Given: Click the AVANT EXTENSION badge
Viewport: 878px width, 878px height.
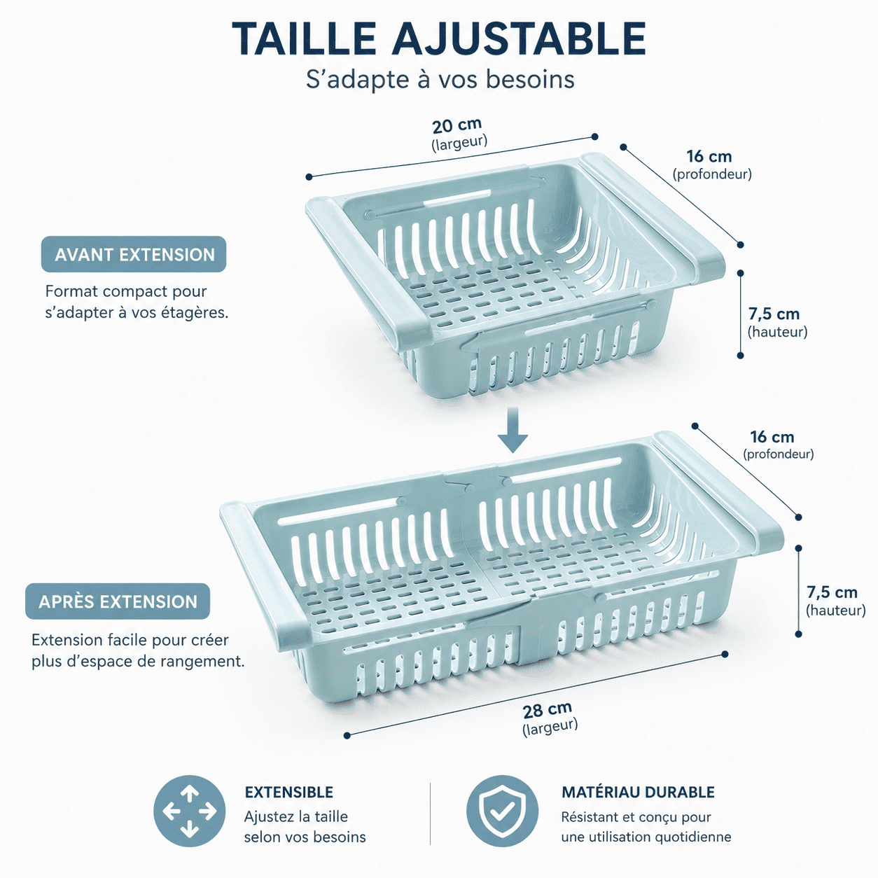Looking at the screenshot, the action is (134, 254).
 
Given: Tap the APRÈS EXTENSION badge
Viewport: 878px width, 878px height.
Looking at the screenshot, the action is (118, 601).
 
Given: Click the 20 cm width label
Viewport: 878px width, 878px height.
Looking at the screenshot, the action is (457, 125).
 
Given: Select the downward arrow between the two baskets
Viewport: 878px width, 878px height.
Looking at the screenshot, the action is (513, 431).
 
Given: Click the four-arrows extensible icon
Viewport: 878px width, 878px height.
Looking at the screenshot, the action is (190, 811).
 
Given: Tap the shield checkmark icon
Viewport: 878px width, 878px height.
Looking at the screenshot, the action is (502, 811).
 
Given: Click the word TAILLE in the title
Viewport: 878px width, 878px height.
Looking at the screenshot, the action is (304, 39).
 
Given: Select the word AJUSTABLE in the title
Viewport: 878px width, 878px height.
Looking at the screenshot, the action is (518, 39).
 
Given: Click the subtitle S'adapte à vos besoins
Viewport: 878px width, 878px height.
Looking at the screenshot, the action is (440, 79).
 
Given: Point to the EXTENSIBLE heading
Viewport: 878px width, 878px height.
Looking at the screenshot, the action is (289, 793).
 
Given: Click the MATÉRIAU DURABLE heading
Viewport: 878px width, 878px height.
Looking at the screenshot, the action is (638, 792).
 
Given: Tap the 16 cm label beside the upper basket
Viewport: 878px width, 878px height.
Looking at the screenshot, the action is (709, 156).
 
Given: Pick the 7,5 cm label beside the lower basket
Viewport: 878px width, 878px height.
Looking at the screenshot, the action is (832, 592).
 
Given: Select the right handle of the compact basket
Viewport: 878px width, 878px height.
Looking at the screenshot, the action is (652, 215).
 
